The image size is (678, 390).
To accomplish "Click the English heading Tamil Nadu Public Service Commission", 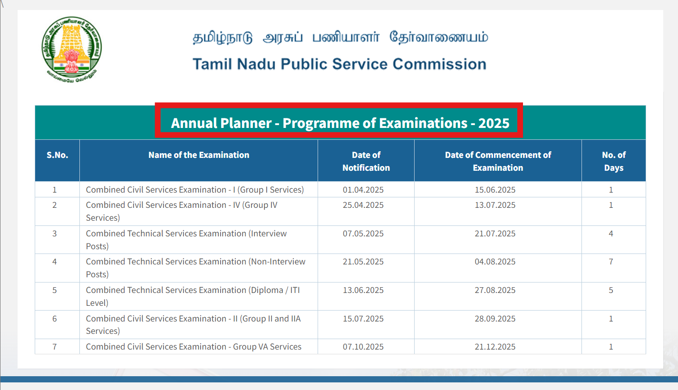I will pyautogui.click(x=339, y=64).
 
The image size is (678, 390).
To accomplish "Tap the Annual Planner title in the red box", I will pyautogui.click(x=339, y=123).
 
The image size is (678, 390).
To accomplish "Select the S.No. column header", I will pyautogui.click(x=57, y=155).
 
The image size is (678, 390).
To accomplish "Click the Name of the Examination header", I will pyautogui.click(x=199, y=155).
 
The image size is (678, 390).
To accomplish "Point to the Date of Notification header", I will pyautogui.click(x=366, y=161).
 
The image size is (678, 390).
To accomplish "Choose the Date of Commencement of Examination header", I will pyautogui.click(x=498, y=161).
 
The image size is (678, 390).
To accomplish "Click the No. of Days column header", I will pyautogui.click(x=613, y=161).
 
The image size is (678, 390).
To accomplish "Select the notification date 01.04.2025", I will pyautogui.click(x=363, y=190).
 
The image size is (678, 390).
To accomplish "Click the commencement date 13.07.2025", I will pyautogui.click(x=495, y=205).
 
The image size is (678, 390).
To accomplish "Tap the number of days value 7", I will pyautogui.click(x=611, y=262).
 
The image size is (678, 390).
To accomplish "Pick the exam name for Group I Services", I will pyautogui.click(x=194, y=190).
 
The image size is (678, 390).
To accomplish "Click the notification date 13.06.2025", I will pyautogui.click(x=363, y=291).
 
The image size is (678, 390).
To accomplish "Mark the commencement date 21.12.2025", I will pyautogui.click(x=495, y=347).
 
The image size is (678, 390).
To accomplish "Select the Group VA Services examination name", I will pyautogui.click(x=194, y=347).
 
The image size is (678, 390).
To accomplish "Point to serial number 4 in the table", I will pyautogui.click(x=55, y=262).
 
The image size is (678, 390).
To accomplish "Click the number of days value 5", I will pyautogui.click(x=611, y=291).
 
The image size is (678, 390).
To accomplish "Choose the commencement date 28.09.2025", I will pyautogui.click(x=495, y=319).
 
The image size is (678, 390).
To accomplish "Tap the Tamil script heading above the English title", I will pyautogui.click(x=339, y=38).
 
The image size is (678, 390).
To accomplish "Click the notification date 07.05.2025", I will pyautogui.click(x=363, y=234).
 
